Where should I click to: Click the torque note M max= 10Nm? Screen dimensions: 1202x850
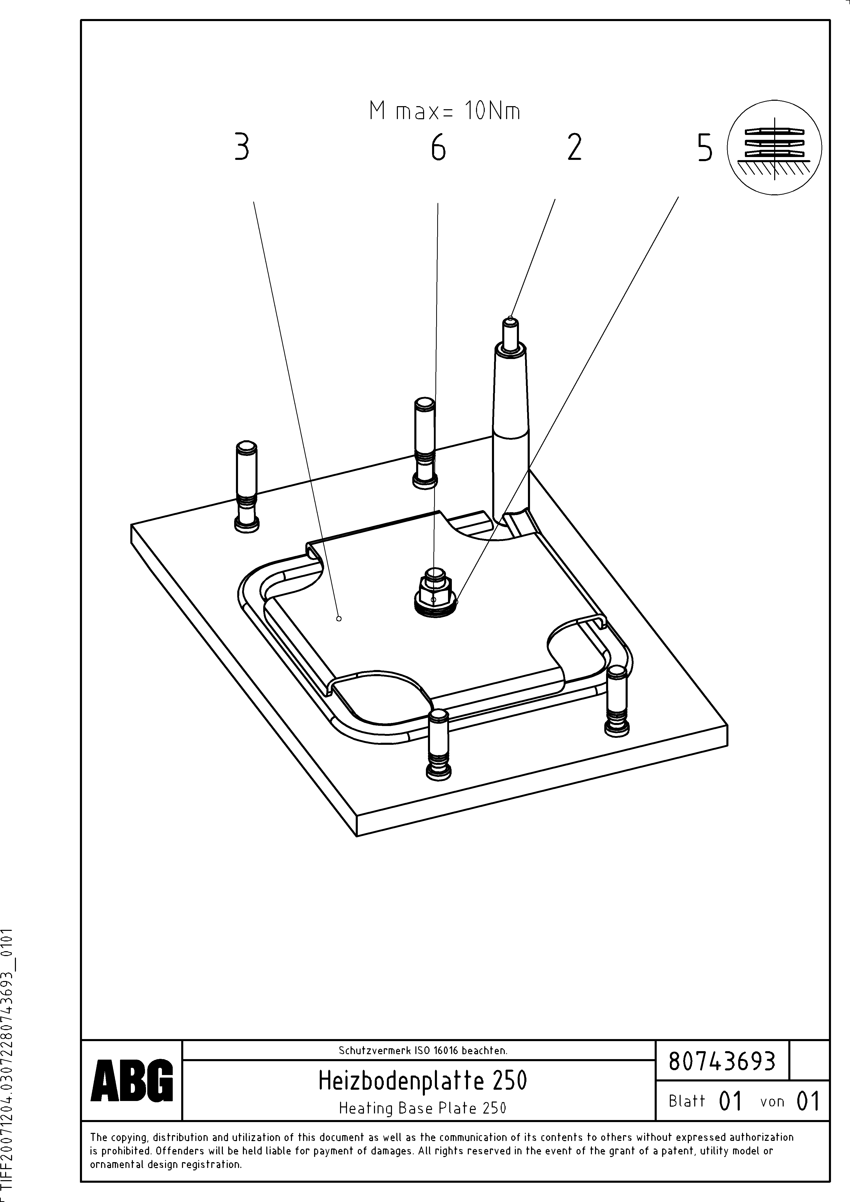click(x=445, y=112)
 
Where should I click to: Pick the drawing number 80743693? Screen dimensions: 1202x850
click(x=722, y=1062)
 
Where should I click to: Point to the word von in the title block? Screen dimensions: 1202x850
click(x=772, y=1102)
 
